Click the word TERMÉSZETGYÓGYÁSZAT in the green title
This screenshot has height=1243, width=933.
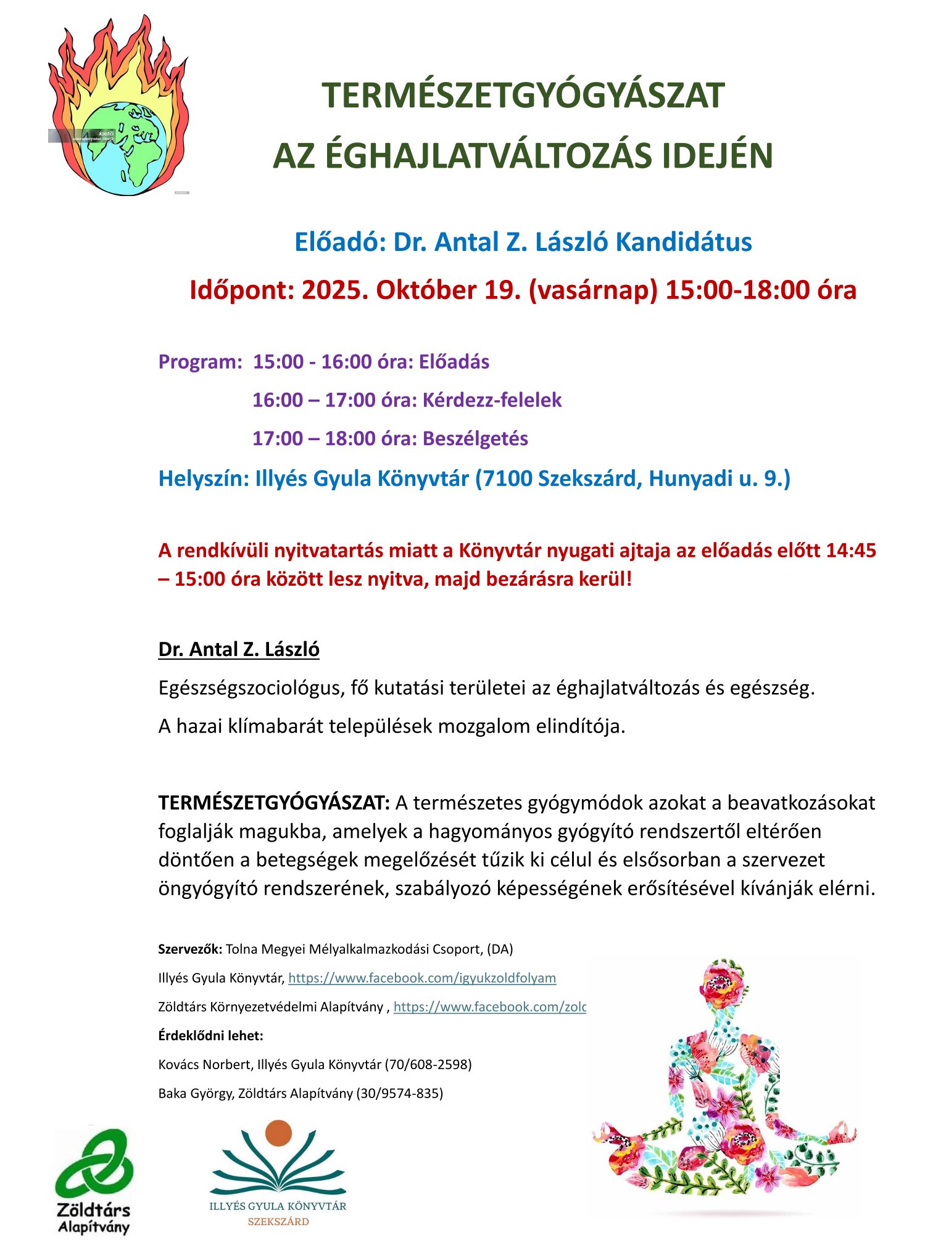[523, 96]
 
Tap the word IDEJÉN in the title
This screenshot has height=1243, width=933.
[718, 155]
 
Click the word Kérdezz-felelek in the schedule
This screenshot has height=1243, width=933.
[492, 400]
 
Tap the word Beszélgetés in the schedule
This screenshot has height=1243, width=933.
[475, 439]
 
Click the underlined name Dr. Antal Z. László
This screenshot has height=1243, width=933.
[239, 649]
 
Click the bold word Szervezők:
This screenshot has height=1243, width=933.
[190, 949]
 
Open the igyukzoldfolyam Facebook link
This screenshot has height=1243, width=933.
[422, 978]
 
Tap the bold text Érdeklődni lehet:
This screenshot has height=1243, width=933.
[210, 1036]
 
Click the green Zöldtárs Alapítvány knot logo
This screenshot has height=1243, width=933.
[94, 1161]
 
